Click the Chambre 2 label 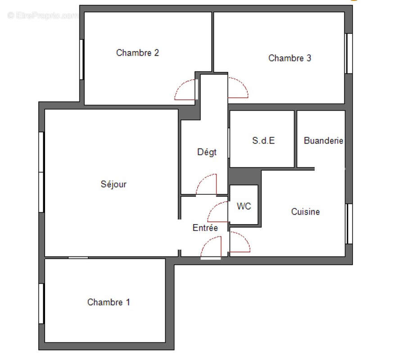(137, 53)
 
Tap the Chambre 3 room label (289, 58)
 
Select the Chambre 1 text (109, 302)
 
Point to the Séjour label (113, 184)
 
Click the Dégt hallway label (207, 152)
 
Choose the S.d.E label (263, 140)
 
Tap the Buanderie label (323, 140)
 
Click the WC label (244, 207)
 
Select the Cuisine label (305, 211)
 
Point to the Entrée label (205, 228)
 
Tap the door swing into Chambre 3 (238, 88)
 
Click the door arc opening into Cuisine (240, 242)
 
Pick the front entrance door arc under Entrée (211, 247)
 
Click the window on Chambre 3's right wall (348, 53)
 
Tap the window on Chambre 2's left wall (81, 59)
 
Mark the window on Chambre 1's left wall (41, 303)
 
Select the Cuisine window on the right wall (348, 224)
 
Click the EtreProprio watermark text (43, 15)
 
